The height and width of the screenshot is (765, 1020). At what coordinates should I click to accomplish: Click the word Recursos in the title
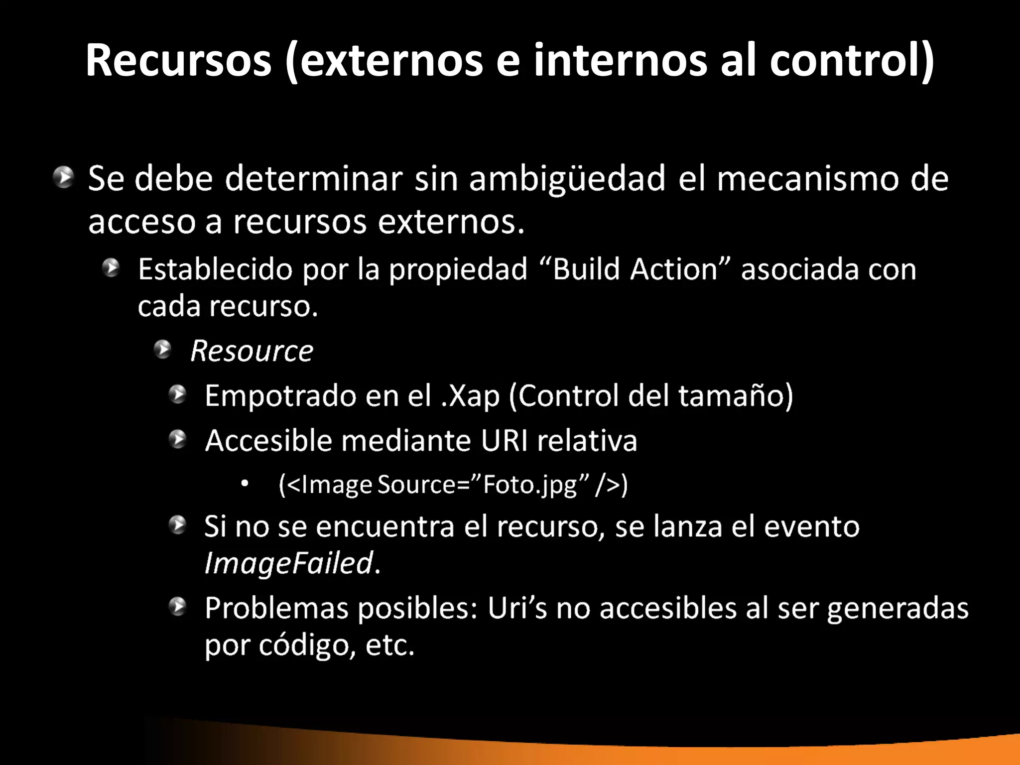pos(178,60)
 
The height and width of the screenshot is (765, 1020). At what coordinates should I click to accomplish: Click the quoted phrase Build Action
pos(635,269)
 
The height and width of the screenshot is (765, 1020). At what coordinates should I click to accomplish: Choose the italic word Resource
pos(252,351)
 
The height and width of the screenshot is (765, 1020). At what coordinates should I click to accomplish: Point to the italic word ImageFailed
pos(289,563)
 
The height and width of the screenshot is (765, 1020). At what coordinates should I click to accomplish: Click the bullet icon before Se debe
pos(63,177)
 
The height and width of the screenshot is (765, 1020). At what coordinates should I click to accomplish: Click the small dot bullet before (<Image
pos(244,484)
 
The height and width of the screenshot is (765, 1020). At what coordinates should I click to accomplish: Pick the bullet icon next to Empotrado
pos(177,395)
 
